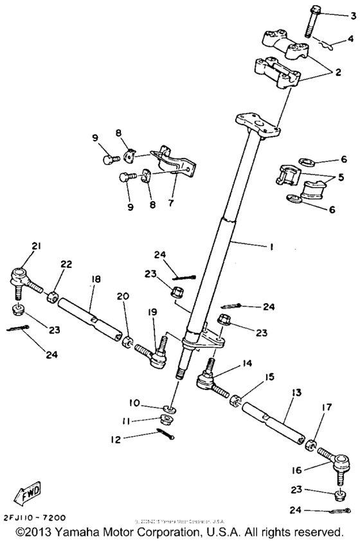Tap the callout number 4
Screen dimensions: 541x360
350,39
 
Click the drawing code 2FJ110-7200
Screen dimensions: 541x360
33,499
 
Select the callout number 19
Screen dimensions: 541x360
154,311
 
